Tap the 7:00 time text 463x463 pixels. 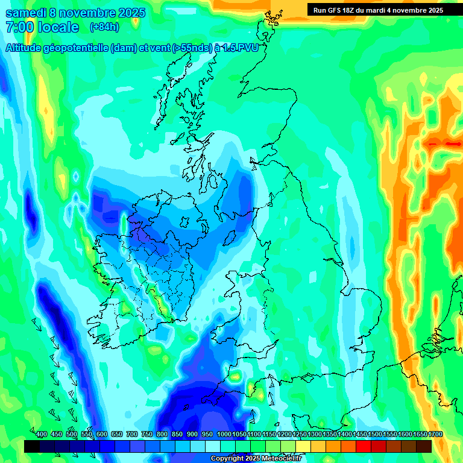(20, 27)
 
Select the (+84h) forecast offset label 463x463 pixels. (104, 27)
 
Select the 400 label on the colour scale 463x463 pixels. (42, 435)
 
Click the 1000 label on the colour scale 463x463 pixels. (224, 435)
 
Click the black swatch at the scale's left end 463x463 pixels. (32, 446)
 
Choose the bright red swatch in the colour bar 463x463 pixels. (363, 446)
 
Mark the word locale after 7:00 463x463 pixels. (59, 27)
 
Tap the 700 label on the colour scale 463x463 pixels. (132, 435)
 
